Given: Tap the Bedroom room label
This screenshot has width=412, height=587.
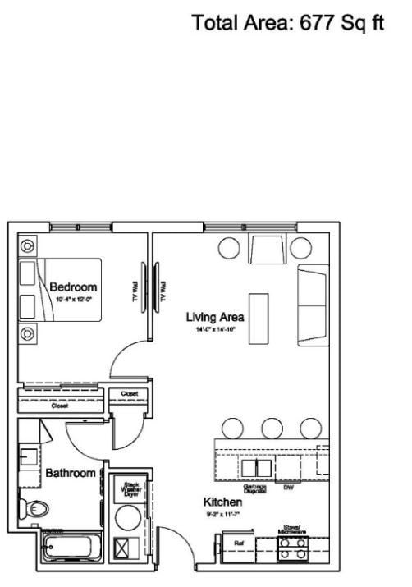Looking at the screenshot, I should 73,287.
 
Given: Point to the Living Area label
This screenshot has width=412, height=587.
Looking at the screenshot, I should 215,317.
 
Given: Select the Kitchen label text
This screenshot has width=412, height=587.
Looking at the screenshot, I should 222,501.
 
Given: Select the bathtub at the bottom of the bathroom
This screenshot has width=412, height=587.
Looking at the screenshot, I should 72,546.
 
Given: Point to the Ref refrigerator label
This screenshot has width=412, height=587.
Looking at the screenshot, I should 239,543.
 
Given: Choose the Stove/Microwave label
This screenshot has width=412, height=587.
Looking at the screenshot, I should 294,530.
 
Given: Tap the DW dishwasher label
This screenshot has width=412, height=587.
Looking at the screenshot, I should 288,487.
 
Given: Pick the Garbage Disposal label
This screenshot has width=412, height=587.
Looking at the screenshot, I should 254,488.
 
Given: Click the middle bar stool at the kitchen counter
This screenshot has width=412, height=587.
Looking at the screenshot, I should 272,428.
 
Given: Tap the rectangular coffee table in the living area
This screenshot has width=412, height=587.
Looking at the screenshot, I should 259,315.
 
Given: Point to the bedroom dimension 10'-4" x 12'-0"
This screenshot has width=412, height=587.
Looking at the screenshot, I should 73,300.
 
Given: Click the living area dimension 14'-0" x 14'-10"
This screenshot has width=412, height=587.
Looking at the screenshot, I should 215,330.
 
